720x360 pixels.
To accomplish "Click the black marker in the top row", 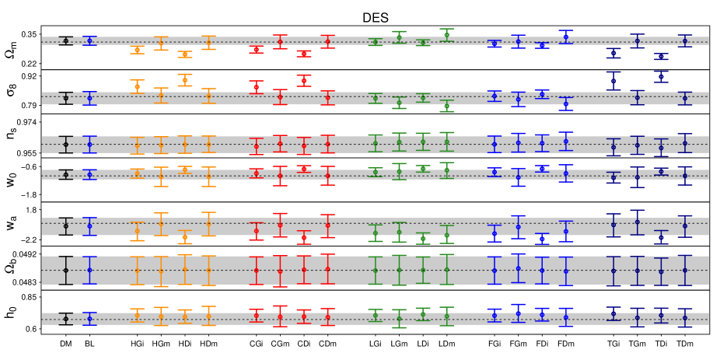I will coord(65,40).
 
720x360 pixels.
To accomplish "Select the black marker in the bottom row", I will coord(65,319).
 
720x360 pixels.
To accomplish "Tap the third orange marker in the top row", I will coord(184,54).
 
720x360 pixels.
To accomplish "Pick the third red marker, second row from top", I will coord(303,80).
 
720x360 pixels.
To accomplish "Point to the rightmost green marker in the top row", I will coord(446,35).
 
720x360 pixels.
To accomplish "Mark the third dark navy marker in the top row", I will coord(661,56).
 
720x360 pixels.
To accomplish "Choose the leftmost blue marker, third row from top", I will coord(89,144).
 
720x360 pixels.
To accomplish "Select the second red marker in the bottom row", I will coord(280,316).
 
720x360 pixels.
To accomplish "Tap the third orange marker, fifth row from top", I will coord(184,237).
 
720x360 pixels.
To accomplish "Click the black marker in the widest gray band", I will coord(65,270).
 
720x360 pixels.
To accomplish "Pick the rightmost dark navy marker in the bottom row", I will coord(684,317).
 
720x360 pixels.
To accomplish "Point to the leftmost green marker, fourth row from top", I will coord(375,172).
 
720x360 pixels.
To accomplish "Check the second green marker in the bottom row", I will coord(399,318).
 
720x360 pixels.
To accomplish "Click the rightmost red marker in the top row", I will coord(327,41).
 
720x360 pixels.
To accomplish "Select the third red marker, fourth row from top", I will coord(303,168).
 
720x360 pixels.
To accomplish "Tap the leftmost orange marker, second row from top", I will coord(137,86).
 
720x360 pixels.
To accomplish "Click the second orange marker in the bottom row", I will coord(161,316).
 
